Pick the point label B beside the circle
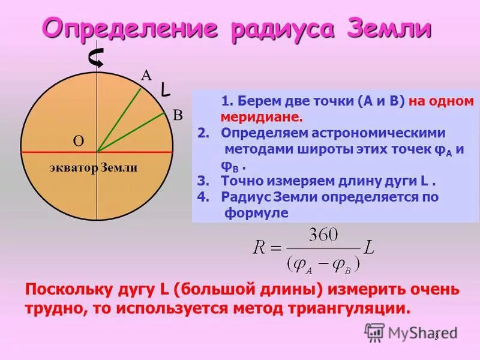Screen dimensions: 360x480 click(x=178, y=115)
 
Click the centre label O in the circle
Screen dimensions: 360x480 click(x=78, y=141)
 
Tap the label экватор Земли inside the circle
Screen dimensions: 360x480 click(x=94, y=168)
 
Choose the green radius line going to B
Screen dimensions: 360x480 click(x=132, y=131)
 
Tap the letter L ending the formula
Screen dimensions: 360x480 click(x=368, y=247)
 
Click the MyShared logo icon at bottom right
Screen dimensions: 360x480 click(x=374, y=331)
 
